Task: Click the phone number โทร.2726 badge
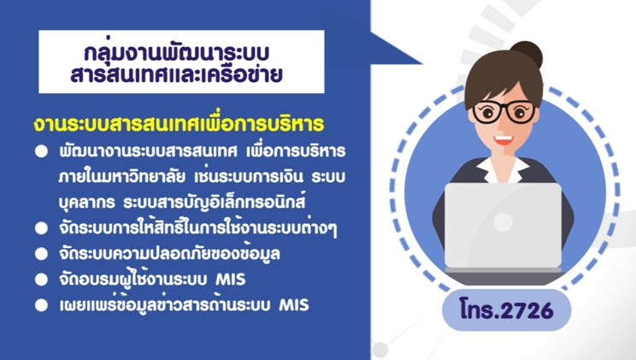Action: tap(507, 310)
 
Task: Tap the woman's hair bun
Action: tap(527, 54)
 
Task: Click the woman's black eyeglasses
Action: tap(504, 111)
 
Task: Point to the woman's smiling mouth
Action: tap(503, 140)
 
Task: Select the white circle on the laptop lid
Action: tap(503, 222)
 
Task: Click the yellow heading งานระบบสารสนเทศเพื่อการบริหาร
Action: tap(179, 123)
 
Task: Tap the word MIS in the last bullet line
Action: tap(294, 304)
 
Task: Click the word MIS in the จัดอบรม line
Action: tap(231, 280)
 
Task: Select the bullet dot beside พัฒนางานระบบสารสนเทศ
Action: tap(41, 151)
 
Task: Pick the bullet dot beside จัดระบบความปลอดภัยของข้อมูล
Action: tap(41, 254)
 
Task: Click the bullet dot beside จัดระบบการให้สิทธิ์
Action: tap(41, 228)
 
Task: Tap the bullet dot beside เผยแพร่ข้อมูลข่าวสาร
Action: tap(41, 305)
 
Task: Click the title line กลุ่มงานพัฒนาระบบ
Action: tap(177, 53)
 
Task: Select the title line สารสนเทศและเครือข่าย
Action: tap(176, 74)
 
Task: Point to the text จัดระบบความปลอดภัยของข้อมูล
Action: tap(169, 253)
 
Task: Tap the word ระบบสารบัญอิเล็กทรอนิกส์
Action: tap(215, 201)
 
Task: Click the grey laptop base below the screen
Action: tap(503, 270)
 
